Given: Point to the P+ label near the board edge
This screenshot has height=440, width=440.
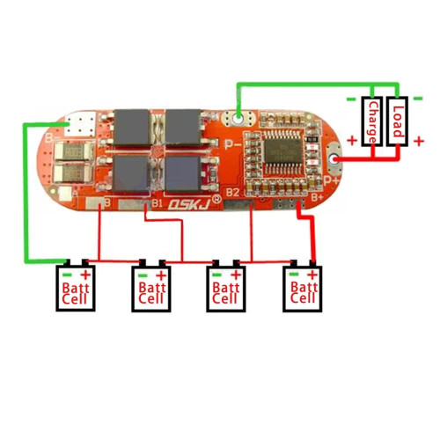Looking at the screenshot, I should pos(332,179).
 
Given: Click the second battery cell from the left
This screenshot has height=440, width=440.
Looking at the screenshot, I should pos(152,287).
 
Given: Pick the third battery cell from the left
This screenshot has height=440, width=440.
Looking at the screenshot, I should pos(226,287).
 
